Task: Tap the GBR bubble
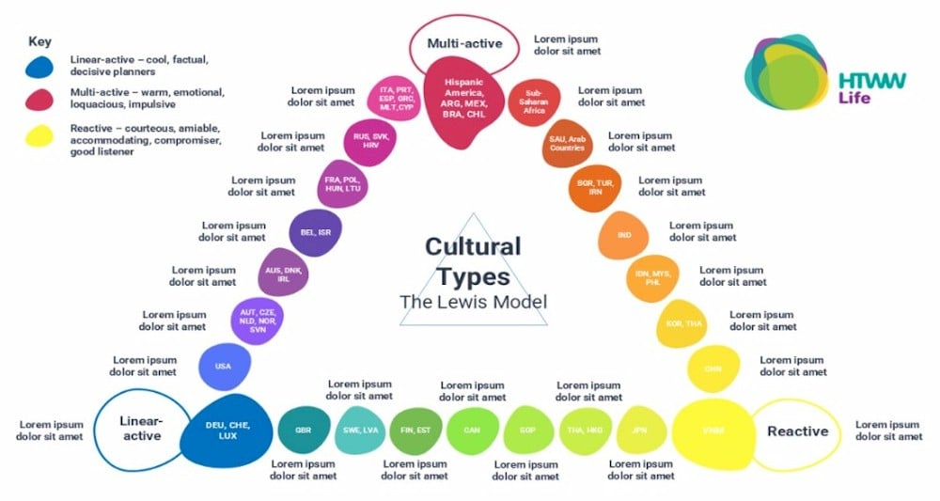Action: [x=303, y=430]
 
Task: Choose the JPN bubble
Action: [x=641, y=430]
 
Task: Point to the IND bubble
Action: [x=624, y=235]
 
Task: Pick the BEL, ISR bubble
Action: [x=315, y=232]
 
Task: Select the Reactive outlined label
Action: [x=798, y=431]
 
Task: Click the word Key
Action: [x=39, y=42]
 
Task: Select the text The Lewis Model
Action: [x=473, y=302]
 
